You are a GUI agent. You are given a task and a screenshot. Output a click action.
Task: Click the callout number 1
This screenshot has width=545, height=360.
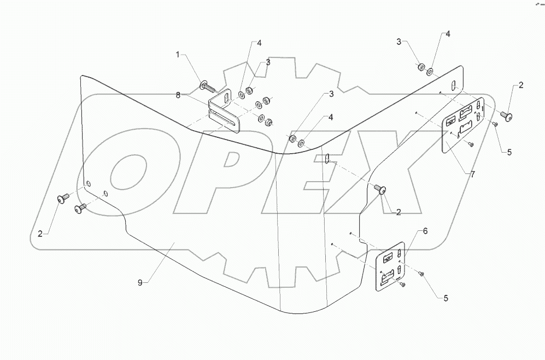pyautogui.click(x=178, y=54)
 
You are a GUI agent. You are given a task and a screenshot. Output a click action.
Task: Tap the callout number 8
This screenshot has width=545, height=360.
pyautogui.click(x=178, y=95)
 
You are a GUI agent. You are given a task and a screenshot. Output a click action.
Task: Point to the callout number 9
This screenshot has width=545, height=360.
pyautogui.click(x=140, y=283)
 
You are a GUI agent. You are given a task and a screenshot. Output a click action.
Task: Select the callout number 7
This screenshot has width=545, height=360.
pyautogui.click(x=473, y=175)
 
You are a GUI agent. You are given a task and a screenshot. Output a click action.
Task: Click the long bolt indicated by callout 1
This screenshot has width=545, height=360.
pyautogui.click(x=207, y=86)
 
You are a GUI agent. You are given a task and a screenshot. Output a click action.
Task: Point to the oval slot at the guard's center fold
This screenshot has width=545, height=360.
pyautogui.click(x=326, y=159)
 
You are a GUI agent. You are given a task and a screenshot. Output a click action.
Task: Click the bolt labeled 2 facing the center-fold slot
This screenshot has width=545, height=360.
pyautogui.click(x=382, y=189)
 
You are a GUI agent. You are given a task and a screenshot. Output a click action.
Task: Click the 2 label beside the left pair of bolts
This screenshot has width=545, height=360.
pyautogui.click(x=40, y=234)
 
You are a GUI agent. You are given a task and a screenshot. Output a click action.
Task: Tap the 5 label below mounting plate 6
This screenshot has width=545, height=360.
pyautogui.click(x=446, y=298)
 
